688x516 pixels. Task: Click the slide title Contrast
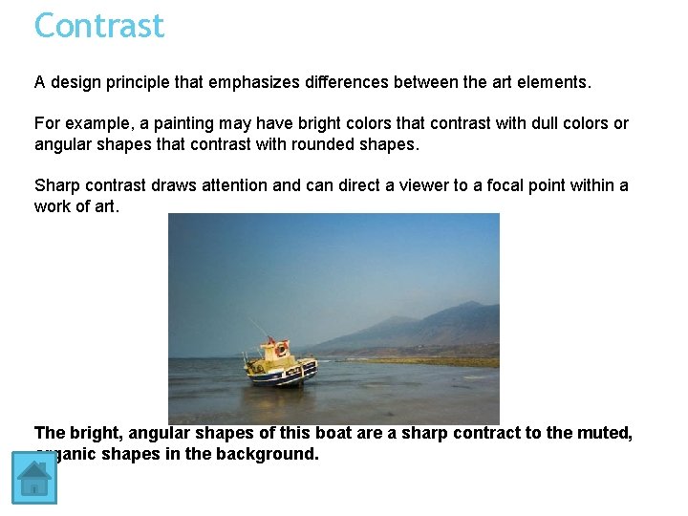99,25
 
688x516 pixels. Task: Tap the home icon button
34,478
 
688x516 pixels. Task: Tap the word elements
554,82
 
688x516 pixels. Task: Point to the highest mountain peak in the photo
470,304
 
